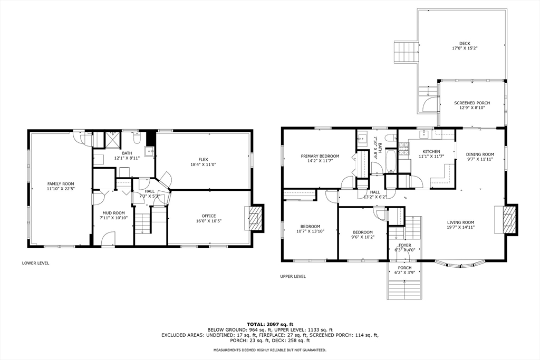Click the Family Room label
tap(61, 183)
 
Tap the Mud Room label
tap(113, 213)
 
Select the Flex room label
tap(203, 159)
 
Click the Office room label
tap(208, 216)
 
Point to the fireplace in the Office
tap(255, 217)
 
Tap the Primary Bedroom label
tap(320, 156)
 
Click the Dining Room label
tap(480, 154)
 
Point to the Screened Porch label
tap(472, 103)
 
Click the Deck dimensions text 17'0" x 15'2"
tap(464, 48)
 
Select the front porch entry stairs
tap(405, 288)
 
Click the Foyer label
tap(404, 245)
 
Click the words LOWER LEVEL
tap(36, 262)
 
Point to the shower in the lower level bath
tap(112, 140)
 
